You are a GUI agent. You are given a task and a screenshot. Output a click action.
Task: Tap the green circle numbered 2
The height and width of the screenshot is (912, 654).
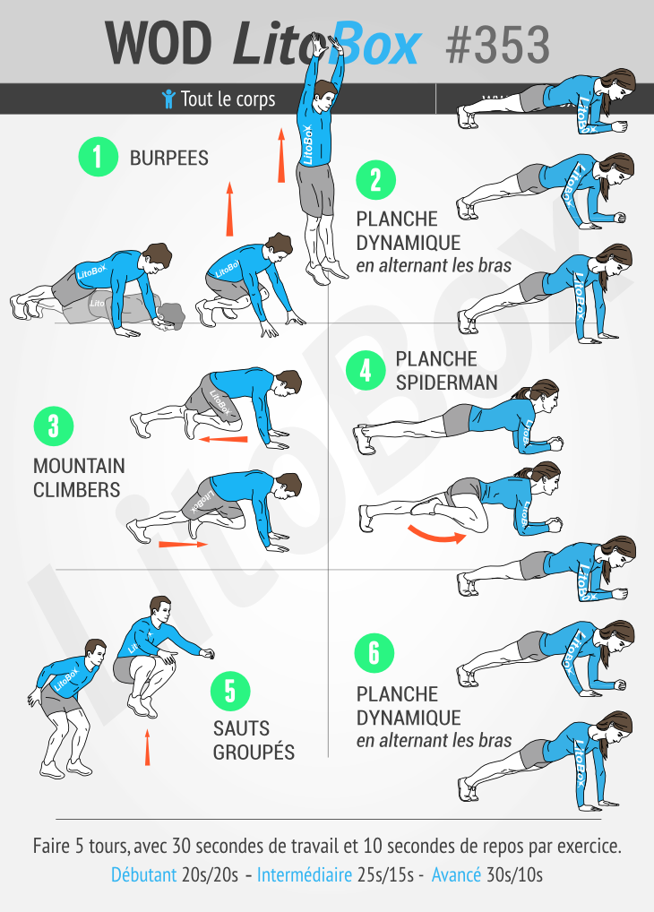pos(374,179)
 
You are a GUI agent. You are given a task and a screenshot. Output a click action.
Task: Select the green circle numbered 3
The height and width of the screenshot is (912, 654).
pos(52,426)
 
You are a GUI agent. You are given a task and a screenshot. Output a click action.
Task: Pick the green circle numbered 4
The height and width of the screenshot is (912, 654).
pos(365,370)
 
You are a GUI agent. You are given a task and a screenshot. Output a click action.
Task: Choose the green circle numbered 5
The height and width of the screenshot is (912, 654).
pos(230,691)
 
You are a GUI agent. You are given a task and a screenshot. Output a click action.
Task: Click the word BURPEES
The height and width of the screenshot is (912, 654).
pos(169,159)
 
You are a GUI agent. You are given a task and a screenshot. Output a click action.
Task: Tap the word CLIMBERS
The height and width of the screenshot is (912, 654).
pos(76,490)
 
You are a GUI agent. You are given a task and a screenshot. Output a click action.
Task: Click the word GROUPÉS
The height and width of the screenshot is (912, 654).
pos(254,753)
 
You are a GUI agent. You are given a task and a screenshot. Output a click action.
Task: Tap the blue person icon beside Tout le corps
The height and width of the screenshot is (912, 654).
pos(168,99)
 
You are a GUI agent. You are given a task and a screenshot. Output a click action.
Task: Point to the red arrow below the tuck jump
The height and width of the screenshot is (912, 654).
pos(148,748)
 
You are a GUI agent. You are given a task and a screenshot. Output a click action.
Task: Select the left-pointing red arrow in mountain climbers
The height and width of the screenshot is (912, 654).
pos(223,439)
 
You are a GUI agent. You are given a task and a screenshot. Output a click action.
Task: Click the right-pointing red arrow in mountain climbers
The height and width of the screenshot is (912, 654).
pos(183,544)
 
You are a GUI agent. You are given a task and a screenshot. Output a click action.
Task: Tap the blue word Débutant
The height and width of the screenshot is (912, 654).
pos(143,874)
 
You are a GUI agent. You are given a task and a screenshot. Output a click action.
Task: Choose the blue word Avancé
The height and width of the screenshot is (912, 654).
pos(456,874)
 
